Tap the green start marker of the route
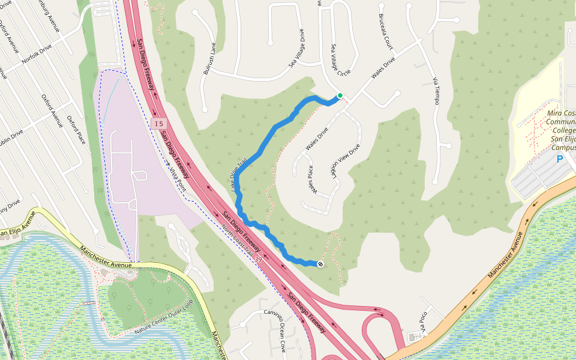click(340, 95)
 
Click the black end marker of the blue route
click(320, 264)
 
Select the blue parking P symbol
click(560, 159)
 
